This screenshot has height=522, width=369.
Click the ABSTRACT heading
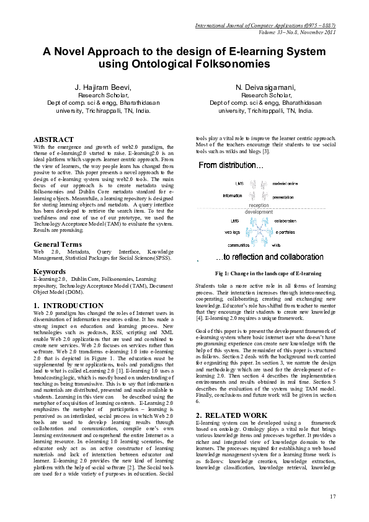click(x=53, y=139)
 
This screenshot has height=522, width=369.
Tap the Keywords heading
click(x=49, y=272)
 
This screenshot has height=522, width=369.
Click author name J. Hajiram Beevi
click(x=104, y=87)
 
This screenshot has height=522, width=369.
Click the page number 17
click(x=332, y=495)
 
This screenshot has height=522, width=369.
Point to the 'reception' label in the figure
click(x=259, y=205)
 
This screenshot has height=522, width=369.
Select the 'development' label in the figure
click(x=259, y=212)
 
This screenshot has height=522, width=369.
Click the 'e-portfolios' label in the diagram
click(x=285, y=232)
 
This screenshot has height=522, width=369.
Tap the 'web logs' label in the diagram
click(x=233, y=232)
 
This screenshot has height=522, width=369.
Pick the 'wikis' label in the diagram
click(x=277, y=245)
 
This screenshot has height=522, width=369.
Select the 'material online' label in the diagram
click(x=285, y=184)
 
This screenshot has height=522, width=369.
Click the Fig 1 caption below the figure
click(x=267, y=273)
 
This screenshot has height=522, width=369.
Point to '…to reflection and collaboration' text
click(x=277, y=257)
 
